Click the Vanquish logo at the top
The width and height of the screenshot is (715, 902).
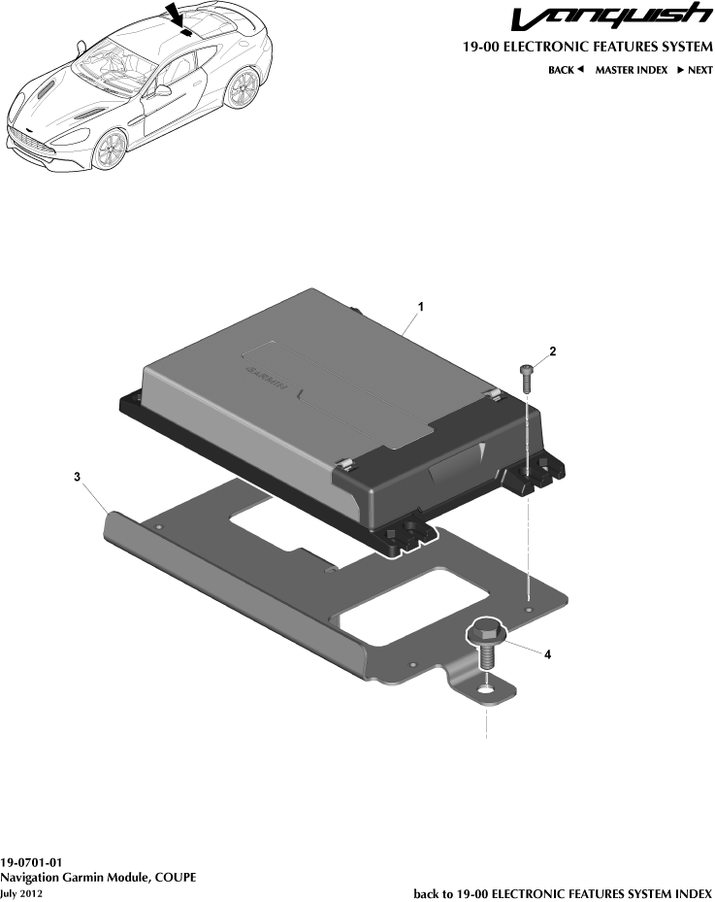(611, 17)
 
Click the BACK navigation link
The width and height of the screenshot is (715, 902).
(566, 70)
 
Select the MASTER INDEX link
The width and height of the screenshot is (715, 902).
(631, 70)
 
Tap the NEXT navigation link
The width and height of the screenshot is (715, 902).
(695, 70)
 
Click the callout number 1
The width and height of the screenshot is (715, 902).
(421, 306)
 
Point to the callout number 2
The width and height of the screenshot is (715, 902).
(552, 351)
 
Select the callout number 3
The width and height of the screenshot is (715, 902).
(77, 477)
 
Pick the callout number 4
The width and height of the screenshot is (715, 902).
(547, 654)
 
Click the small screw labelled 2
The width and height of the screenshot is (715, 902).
(527, 377)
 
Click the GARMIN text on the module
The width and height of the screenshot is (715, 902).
(264, 378)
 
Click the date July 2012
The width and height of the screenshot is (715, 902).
(21, 892)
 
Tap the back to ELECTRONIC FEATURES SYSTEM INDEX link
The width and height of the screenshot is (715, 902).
(563, 892)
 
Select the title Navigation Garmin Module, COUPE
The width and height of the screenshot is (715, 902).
(98, 877)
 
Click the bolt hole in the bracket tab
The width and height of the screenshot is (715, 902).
(485, 690)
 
